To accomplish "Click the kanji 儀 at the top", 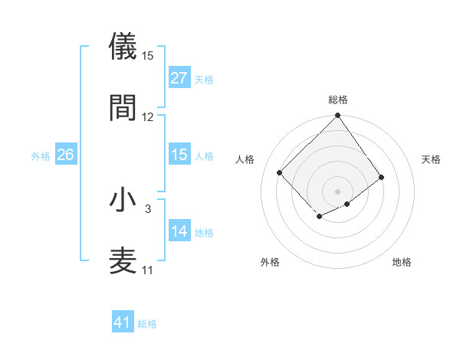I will coord(123,47).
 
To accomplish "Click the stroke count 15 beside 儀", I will coord(148,56).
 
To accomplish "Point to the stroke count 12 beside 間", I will coord(148,116).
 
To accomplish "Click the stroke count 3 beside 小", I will coord(148,208).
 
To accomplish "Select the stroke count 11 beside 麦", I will coord(148,270).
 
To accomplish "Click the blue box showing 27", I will coord(179,78).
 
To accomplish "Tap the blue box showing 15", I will coord(179,155).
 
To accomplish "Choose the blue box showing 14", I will coord(179,231).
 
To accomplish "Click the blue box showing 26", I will coord(66,155).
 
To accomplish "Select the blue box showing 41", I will coord(123,322).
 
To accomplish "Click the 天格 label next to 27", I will coord(204,79).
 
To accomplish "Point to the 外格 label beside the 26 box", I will coord(41,155).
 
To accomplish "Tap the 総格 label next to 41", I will coord(147,324).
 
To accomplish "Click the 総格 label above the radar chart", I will coord(338,100).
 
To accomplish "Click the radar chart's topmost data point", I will coord(338,116).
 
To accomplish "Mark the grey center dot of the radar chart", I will coord(338,190).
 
